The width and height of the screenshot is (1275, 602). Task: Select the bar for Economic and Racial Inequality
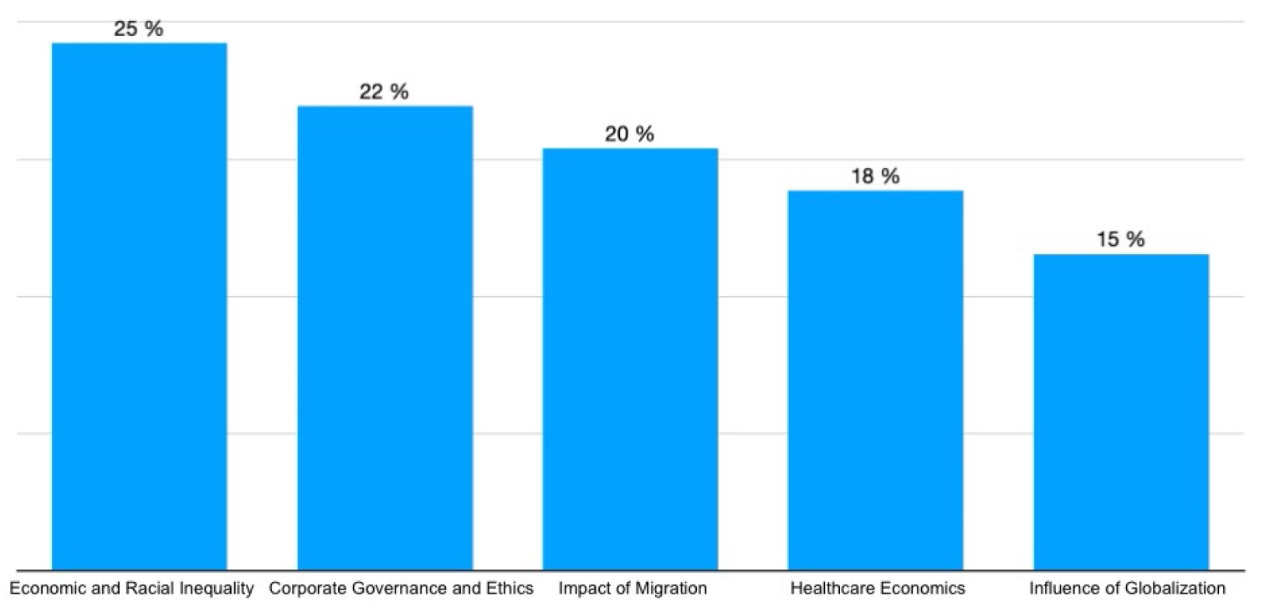click(140, 306)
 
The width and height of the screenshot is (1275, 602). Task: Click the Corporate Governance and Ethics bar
click(385, 338)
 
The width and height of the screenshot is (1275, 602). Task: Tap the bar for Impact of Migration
click(630, 359)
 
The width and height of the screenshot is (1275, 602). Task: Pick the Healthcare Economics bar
click(875, 380)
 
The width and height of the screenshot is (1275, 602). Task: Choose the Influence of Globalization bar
click(1121, 412)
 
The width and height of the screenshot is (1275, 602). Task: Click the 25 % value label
click(139, 28)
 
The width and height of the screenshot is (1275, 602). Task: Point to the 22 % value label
click(384, 92)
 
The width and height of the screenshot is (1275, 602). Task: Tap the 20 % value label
click(629, 135)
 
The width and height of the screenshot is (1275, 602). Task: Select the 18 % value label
click(875, 176)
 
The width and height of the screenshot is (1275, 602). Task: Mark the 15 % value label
click(1121, 240)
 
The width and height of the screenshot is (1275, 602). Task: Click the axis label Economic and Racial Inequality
click(132, 589)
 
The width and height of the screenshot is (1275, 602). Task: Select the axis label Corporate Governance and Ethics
click(402, 589)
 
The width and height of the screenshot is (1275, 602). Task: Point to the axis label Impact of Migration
click(633, 589)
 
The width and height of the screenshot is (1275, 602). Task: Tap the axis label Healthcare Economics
click(878, 589)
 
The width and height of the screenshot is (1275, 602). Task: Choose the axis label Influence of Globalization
click(1128, 589)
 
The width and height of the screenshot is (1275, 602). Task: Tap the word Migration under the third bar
click(669, 589)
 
